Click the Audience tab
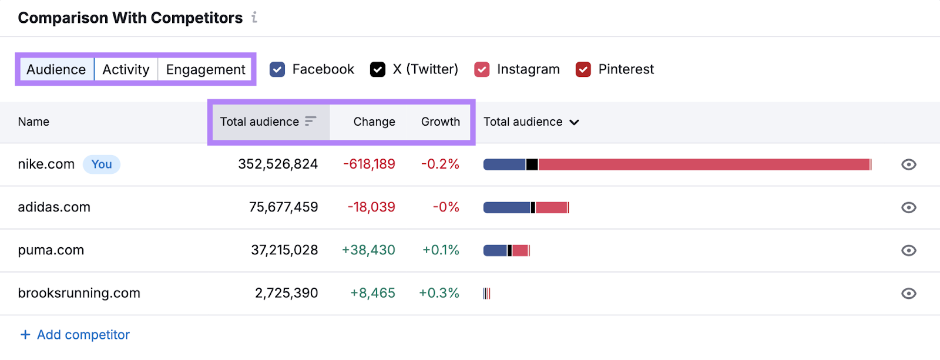click(x=56, y=69)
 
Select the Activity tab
click(x=126, y=69)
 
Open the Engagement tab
click(x=206, y=69)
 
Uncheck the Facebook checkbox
click(x=277, y=69)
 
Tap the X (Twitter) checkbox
click(x=378, y=69)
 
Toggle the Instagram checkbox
click(x=482, y=69)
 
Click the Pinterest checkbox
click(x=583, y=69)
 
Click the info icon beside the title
click(x=254, y=18)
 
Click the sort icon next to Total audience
click(x=311, y=121)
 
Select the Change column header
click(x=374, y=122)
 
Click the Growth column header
click(x=440, y=122)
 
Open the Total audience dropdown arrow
click(x=574, y=122)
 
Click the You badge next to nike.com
click(x=102, y=164)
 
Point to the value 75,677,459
click(x=283, y=207)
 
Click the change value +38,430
click(x=368, y=250)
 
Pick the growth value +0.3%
click(x=439, y=293)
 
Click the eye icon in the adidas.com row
click(x=908, y=207)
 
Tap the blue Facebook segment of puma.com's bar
click(x=495, y=251)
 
